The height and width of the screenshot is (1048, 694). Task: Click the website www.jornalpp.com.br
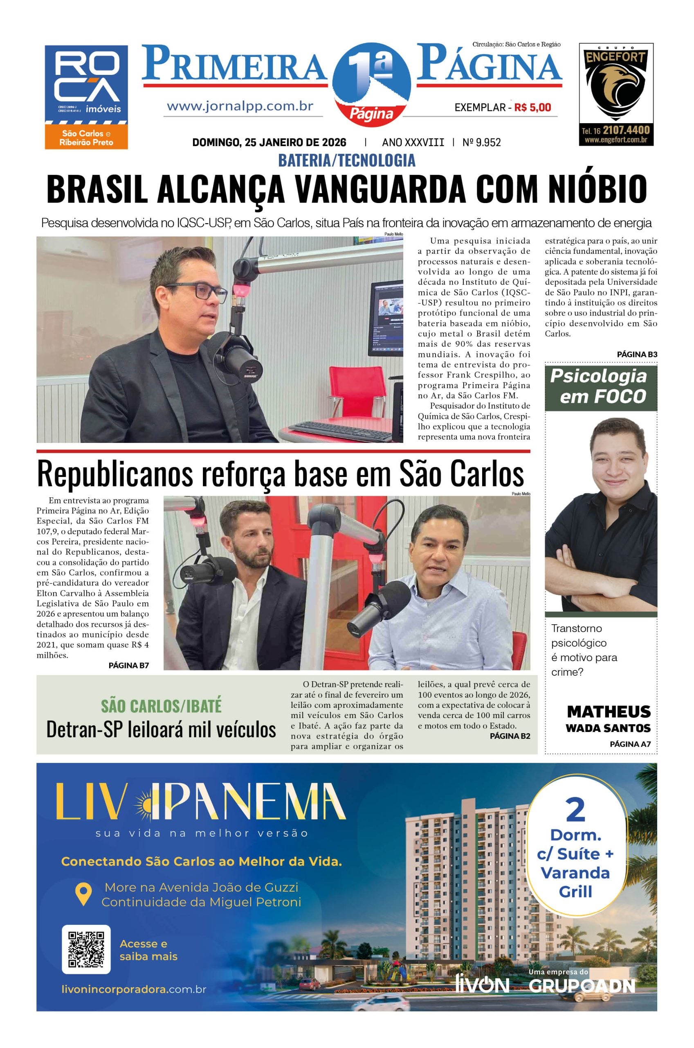240,106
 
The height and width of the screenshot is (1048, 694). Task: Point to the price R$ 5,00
532,107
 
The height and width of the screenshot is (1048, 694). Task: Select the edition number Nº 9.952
482,142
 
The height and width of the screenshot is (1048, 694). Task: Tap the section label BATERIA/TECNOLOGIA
346,160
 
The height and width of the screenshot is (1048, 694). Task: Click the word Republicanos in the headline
115,474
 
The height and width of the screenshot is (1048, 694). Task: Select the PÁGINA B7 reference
128,665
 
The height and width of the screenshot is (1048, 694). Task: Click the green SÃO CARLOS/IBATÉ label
161,706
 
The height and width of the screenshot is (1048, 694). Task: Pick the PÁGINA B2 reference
510,736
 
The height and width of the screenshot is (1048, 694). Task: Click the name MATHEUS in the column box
609,712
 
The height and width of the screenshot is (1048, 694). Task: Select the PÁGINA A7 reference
630,744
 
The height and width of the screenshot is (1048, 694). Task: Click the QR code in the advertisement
86,949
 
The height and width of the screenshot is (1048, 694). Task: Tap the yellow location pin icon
83,894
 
